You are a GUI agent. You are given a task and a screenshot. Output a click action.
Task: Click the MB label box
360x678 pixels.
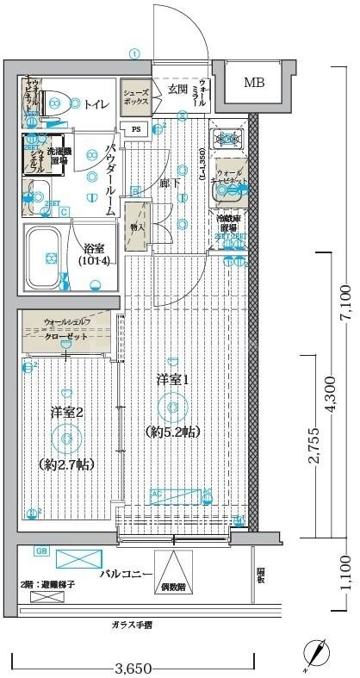(x=254, y=84)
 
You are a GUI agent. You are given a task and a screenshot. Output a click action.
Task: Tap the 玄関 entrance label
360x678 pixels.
(x=177, y=89)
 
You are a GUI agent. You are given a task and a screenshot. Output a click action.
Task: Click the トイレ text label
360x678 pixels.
(x=96, y=104)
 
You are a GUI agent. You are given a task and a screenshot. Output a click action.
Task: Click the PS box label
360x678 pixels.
(x=136, y=130)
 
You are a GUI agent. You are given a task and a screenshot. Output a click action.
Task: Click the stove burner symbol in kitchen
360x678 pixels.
(x=229, y=138)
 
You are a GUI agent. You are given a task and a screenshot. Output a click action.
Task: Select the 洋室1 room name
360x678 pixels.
(x=172, y=378)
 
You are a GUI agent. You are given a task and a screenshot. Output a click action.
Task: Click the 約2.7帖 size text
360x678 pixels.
(x=67, y=463)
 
